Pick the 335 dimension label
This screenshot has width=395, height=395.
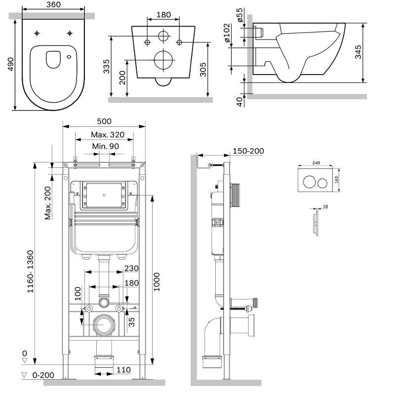pyautogui.click(x=106, y=67)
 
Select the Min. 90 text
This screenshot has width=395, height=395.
pyautogui.click(x=105, y=146)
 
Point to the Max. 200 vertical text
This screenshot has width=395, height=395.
pyautogui.click(x=48, y=202)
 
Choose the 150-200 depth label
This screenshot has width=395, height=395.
pyautogui.click(x=248, y=151)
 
